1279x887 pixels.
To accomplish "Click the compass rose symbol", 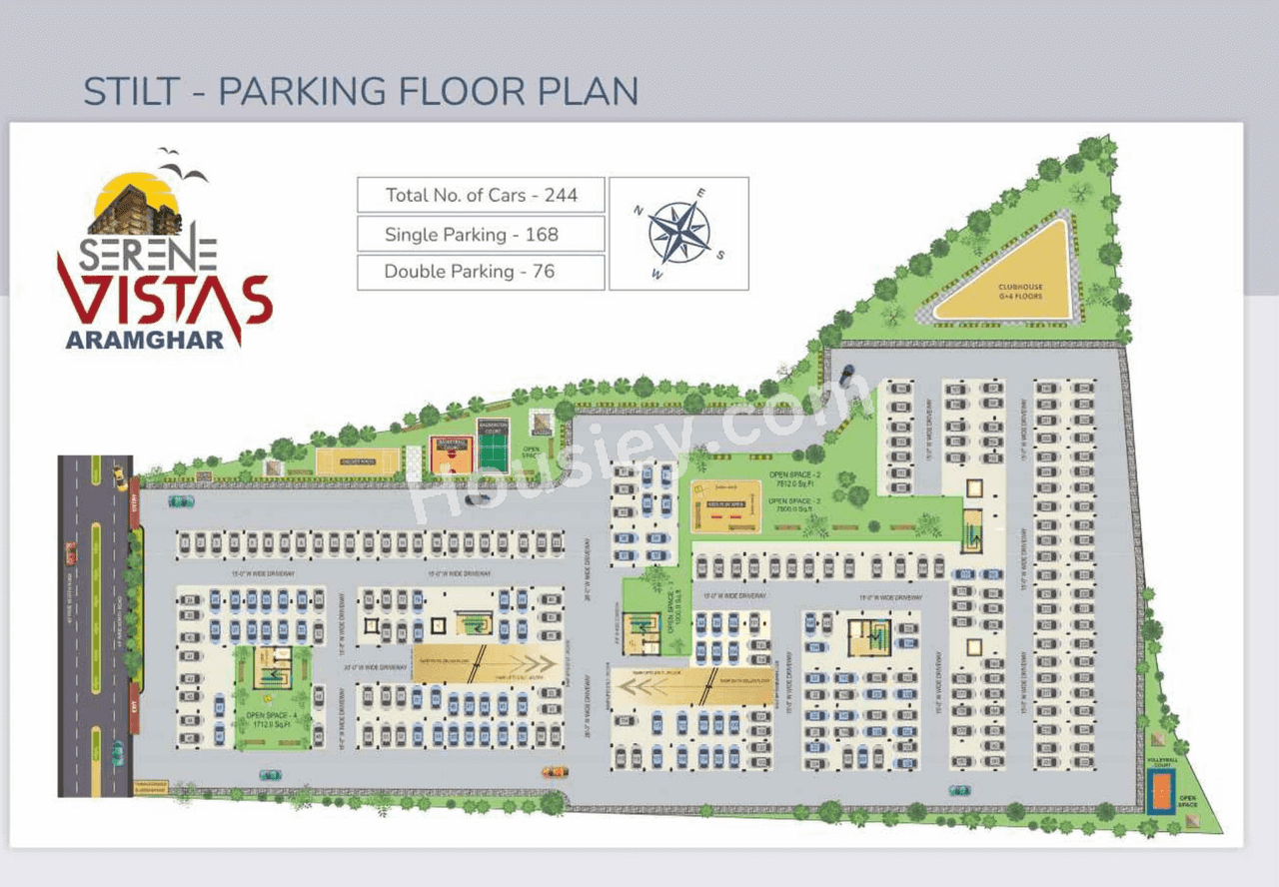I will [x=678, y=233].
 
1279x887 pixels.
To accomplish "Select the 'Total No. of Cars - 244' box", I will [x=481, y=195].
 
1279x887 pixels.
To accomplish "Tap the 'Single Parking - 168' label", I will [x=481, y=235].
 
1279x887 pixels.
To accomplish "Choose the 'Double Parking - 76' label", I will [x=481, y=272].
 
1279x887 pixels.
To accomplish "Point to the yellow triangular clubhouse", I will [x=1020, y=280].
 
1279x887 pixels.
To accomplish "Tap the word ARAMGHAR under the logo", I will [x=145, y=340].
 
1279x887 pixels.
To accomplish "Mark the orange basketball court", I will [x=451, y=454].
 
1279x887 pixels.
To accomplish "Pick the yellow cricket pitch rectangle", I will [x=357, y=461].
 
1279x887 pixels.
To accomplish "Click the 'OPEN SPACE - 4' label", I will [x=272, y=716].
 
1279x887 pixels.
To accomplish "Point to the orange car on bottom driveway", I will [x=555, y=772].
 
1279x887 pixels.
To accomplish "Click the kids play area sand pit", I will [x=726, y=508].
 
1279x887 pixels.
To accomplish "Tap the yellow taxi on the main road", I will [x=119, y=472].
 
